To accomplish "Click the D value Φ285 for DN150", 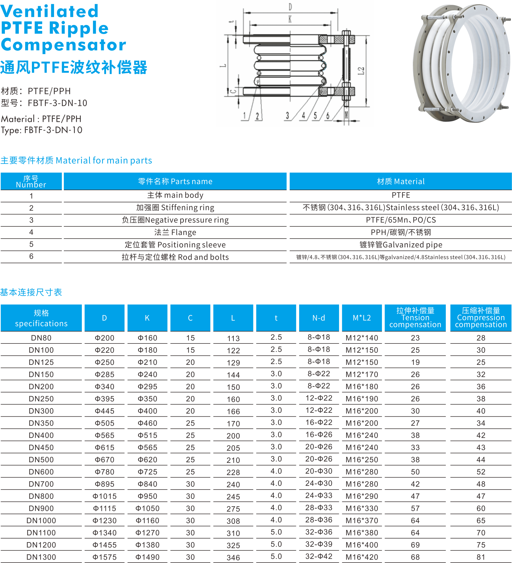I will point(104,374).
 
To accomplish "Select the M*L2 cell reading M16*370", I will point(362,520).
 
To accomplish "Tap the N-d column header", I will point(319,318).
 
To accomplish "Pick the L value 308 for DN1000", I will point(233,521).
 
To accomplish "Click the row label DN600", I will point(41,472).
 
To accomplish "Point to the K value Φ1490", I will point(147,557).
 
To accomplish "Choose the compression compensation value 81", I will point(481,557).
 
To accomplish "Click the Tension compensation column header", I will point(415,318).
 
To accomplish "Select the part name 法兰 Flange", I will point(175,232).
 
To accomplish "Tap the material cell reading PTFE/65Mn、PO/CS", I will point(401,220).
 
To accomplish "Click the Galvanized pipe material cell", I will point(401,245).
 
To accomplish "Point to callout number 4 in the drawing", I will point(303,115).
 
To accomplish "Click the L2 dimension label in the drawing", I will point(361,71).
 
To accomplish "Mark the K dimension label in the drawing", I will point(290,19).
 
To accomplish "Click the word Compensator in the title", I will point(64,45).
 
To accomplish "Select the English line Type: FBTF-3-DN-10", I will point(42,130).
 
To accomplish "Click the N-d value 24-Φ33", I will point(319,495).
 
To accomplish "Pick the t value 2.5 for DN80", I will point(276,337).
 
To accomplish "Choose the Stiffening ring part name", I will point(175,207).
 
